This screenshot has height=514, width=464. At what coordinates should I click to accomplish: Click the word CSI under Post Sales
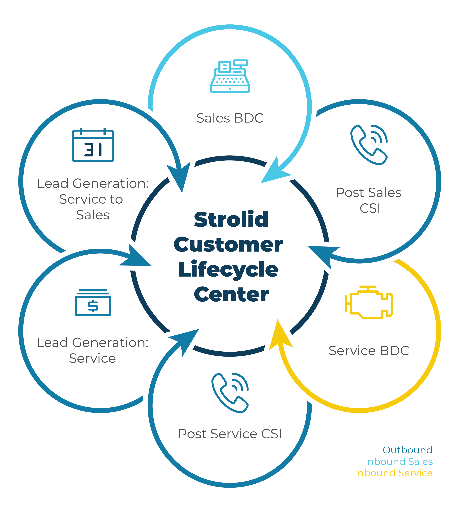pyautogui.click(x=370, y=208)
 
